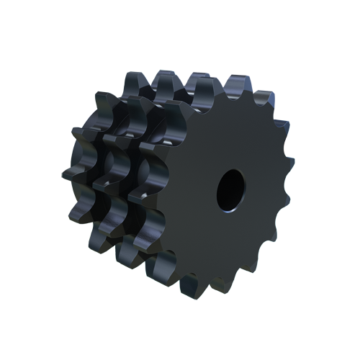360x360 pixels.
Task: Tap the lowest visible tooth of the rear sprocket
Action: [x=101, y=241]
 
